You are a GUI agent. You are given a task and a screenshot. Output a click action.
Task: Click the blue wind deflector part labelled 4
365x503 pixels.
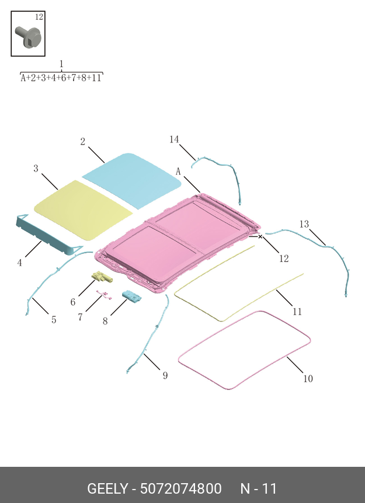50,235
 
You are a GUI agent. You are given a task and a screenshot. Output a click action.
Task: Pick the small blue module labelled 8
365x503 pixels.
132,297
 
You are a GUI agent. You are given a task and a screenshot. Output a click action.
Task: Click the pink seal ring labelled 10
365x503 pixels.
244,350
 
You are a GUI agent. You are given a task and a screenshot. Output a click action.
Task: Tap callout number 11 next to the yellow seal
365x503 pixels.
297,312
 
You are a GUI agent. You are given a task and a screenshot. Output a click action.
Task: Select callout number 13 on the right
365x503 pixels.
304,224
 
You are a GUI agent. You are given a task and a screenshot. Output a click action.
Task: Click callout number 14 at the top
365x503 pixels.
174,139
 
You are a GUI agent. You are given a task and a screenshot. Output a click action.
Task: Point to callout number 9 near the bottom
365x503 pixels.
165,375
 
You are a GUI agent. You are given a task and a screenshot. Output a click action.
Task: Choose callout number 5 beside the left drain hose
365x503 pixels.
54,319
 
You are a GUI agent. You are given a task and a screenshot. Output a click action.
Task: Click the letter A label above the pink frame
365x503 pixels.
178,172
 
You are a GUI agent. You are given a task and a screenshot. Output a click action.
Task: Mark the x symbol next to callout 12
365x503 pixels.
260,237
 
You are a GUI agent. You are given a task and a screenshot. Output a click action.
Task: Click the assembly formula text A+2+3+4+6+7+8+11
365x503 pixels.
61,78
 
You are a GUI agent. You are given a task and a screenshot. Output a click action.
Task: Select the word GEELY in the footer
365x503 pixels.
107,488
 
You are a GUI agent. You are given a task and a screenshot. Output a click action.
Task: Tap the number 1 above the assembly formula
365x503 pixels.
61,64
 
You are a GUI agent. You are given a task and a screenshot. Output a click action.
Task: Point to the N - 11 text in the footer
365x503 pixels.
259,488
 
